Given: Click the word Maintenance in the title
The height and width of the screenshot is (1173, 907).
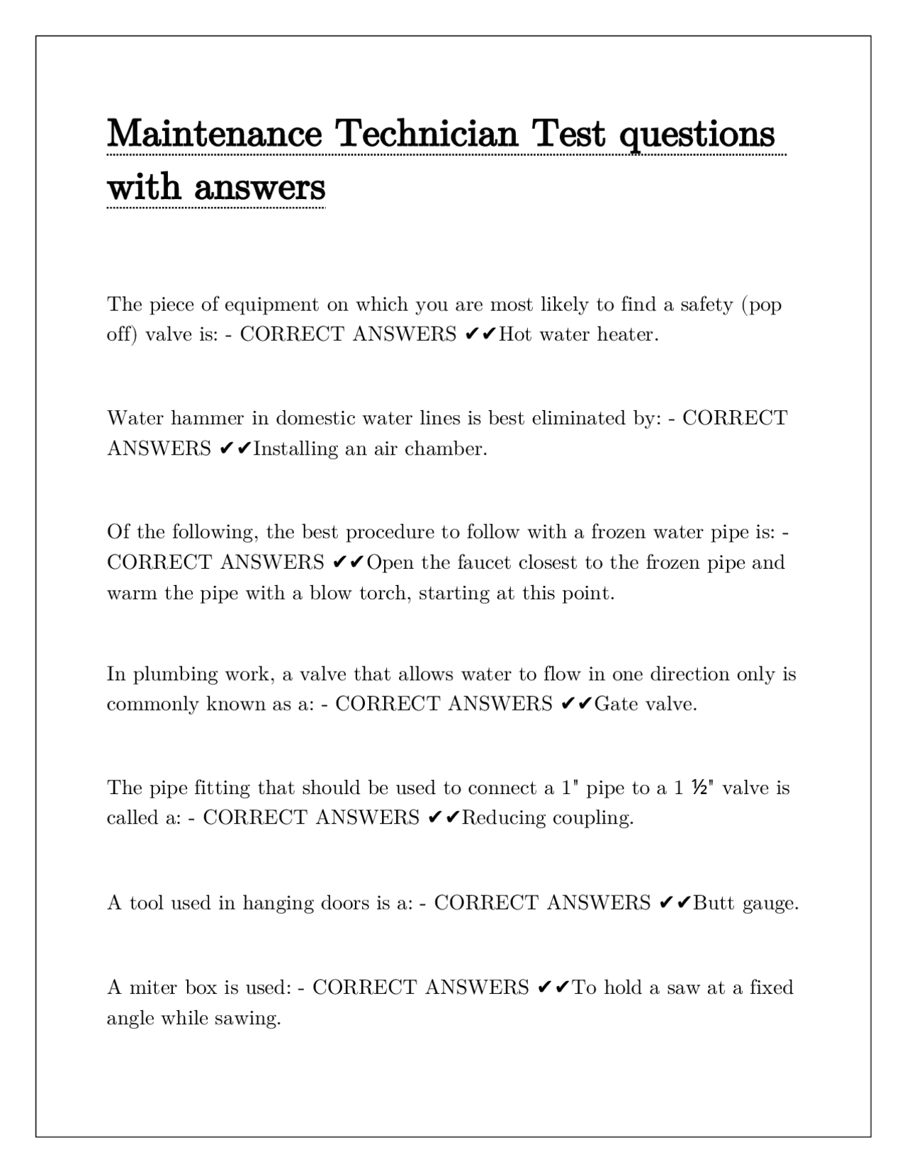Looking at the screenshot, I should pos(213,133).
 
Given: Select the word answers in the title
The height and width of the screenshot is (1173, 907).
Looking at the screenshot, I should pos(259,188).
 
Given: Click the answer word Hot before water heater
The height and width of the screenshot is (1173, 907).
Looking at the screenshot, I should pos(514,334).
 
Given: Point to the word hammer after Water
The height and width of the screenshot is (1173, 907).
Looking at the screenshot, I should pos(207,419).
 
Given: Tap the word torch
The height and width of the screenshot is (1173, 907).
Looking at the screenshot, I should pos(385,593).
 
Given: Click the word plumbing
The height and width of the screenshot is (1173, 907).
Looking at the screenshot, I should pos(175,674).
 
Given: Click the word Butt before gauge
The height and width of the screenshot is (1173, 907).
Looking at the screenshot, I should pos(714,903).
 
